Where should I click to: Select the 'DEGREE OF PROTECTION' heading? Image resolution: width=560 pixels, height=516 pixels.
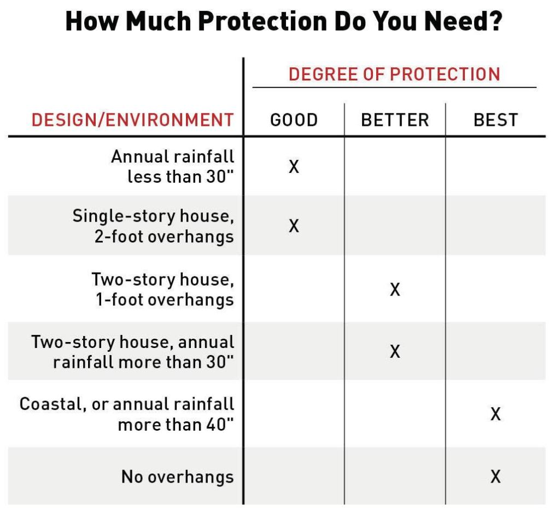pos(394,74)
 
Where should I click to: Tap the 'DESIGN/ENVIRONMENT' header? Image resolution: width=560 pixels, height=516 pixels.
pos(132,119)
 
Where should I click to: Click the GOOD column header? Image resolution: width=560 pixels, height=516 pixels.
pos(294,120)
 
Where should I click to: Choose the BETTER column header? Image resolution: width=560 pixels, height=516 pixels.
pos(395,120)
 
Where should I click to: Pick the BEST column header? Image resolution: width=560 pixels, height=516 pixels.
pos(495,120)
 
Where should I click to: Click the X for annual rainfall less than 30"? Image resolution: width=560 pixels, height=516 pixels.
pos(294,166)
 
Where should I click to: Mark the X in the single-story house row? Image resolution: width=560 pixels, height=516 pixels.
pos(294,225)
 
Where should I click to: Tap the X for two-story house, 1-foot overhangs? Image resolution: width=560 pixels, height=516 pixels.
pos(395,289)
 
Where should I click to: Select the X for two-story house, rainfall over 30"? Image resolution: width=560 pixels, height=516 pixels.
pos(395,351)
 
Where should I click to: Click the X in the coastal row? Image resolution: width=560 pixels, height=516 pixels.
pos(495,414)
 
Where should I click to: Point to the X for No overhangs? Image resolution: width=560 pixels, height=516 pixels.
pos(495,477)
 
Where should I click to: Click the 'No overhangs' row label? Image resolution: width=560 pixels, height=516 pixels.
pos(177,477)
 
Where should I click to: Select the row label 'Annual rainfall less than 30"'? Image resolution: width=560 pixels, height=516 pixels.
pos(173,166)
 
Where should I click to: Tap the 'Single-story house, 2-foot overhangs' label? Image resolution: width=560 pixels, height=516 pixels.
pos(154,225)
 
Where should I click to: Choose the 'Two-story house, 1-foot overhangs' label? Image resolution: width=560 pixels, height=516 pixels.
pos(163,289)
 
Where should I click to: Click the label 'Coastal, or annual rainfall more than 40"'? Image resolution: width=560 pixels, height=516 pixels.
pos(127,414)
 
